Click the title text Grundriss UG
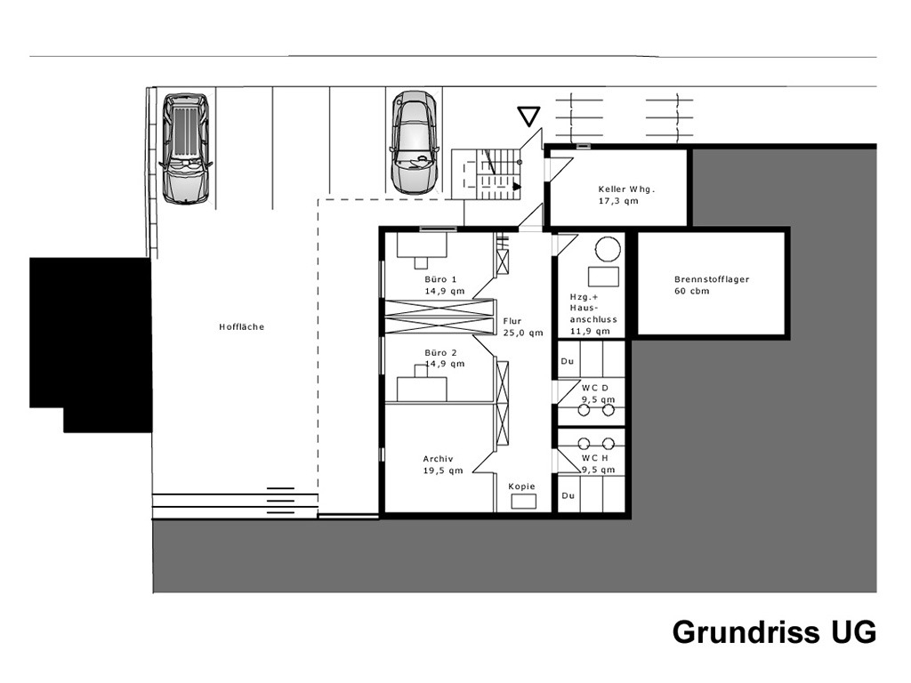(775, 632)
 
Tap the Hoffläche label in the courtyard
(242, 327)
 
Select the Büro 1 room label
(440, 279)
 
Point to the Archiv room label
(438, 459)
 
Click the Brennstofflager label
(712, 279)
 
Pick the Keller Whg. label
(627, 189)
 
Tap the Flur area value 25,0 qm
(523, 333)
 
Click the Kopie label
(521, 486)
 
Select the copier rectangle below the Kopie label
(523, 502)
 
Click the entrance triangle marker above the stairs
(528, 117)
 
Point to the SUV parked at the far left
(185, 149)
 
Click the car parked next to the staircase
(415, 142)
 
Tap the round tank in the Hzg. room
(608, 250)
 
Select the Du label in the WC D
(567, 361)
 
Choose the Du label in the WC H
(568, 496)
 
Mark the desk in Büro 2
(422, 384)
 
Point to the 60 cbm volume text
(691, 291)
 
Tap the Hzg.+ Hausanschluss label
(593, 314)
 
